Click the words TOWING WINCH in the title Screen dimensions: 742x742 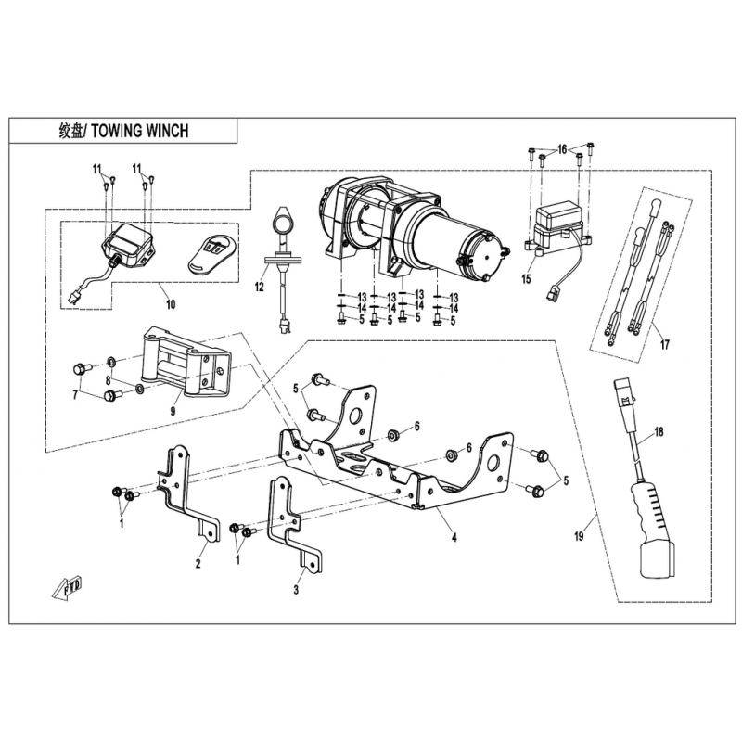pyautogui.click(x=140, y=131)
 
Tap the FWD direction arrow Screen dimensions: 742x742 pyautogui.click(x=67, y=587)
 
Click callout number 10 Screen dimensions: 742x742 pyautogui.click(x=171, y=304)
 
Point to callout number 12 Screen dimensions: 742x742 pyautogui.click(x=260, y=287)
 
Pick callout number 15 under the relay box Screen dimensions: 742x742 pyautogui.click(x=527, y=279)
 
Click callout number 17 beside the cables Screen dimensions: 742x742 pyautogui.click(x=665, y=344)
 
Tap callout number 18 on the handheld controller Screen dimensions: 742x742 pyautogui.click(x=659, y=431)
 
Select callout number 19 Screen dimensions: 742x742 pyautogui.click(x=579, y=536)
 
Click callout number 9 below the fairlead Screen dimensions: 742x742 pyautogui.click(x=173, y=411)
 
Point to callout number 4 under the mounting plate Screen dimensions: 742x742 pyautogui.click(x=454, y=538)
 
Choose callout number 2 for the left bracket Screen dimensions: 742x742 pyautogui.click(x=198, y=563)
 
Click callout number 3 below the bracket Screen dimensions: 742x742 pyautogui.click(x=296, y=590)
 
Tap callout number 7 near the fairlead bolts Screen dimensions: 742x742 pyautogui.click(x=75, y=394)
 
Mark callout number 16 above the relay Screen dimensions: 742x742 pyautogui.click(x=562, y=150)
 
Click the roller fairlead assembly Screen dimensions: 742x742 pyautogui.click(x=187, y=365)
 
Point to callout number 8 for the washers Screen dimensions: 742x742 pyautogui.click(x=109, y=379)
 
